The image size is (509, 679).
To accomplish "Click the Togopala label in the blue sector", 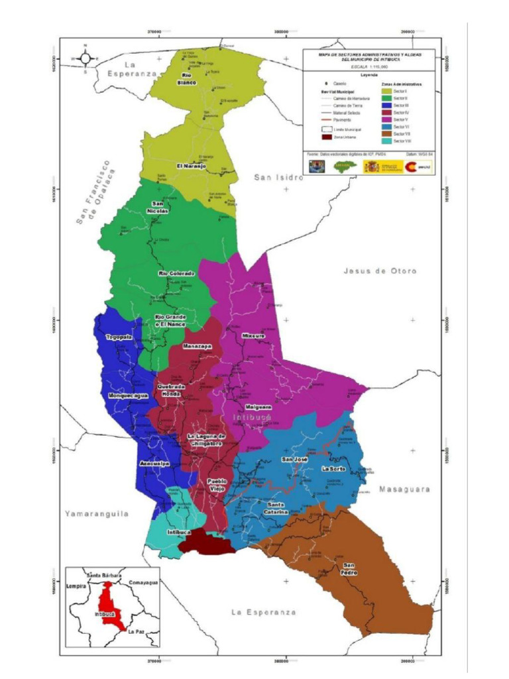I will tap(119, 338).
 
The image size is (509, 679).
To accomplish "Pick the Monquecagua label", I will tap(129, 396).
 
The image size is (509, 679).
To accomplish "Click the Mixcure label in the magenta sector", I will tap(253, 336).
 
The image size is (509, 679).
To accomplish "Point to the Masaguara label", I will tap(404, 489).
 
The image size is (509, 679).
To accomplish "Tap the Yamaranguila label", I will tap(96, 513).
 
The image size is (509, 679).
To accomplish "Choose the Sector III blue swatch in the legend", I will tap(386, 105).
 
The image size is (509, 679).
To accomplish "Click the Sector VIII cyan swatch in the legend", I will tap(386, 141).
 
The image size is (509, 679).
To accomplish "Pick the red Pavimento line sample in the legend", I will tap(325, 120).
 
